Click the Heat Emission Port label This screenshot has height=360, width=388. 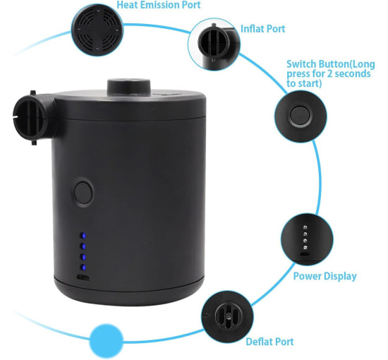point(158,5)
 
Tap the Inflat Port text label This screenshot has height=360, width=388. point(263,29)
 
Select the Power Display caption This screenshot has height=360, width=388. point(325,276)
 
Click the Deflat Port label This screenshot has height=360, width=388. point(269,342)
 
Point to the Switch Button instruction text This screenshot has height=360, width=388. point(331,73)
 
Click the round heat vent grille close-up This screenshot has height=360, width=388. point(97,30)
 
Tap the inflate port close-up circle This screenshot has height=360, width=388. point(214,44)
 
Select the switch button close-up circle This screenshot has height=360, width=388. point(301,116)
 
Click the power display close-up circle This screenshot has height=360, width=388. point(307,239)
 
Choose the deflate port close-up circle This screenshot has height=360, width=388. point(227,317)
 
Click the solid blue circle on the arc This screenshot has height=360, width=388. point(106,341)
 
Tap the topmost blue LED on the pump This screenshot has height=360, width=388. point(83,236)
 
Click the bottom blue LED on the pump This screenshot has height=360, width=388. point(83,268)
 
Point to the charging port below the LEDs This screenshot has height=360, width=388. point(83,277)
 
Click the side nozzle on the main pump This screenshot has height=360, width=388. point(33,118)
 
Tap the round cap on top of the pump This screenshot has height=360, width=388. point(129,87)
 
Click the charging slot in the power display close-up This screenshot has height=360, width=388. point(305,254)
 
